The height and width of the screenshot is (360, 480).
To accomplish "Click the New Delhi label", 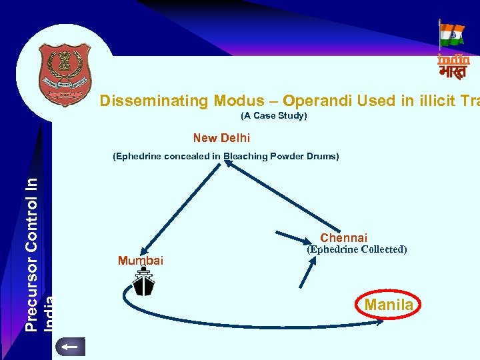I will pos(221,138).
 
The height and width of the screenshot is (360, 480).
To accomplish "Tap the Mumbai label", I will pos(140,260).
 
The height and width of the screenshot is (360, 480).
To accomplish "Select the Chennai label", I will pos(343,238).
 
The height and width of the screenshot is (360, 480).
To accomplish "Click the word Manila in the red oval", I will pos(389,305).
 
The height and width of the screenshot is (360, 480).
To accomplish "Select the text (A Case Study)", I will pos(273,116).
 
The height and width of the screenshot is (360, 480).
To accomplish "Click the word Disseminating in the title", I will pos(153,101).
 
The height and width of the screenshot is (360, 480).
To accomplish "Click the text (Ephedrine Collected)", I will pos(356,249).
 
